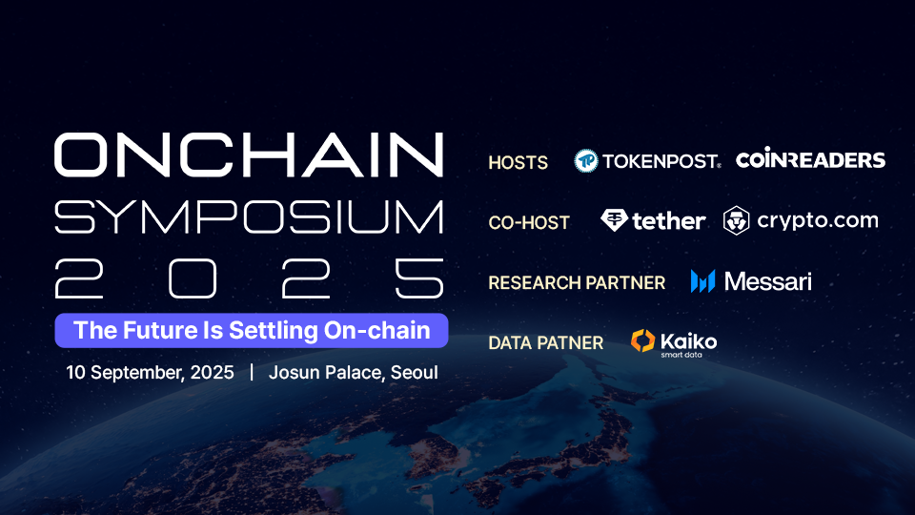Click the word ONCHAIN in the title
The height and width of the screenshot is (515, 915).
point(249,154)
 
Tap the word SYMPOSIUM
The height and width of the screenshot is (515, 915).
point(249,216)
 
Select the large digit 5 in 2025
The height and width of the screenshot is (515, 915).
point(419,278)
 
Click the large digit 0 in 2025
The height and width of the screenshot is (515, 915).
point(193,278)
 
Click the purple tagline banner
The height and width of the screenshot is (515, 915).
point(252,331)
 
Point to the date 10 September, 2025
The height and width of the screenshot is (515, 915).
point(150,373)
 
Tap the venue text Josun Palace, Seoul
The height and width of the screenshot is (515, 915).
point(353,373)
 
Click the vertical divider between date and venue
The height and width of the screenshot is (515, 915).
point(252,372)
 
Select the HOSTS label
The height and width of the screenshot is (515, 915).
point(518,162)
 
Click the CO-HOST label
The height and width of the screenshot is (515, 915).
point(529,222)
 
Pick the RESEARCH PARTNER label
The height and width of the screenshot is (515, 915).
point(577,282)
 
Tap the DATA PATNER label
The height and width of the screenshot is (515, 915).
point(545,342)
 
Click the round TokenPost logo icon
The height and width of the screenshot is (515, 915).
point(586,160)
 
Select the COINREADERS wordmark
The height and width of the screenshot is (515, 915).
point(810,159)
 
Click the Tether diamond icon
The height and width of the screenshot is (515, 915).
point(614,220)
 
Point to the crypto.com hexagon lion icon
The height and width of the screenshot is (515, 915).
point(737,220)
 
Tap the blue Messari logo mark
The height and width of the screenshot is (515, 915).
point(702,281)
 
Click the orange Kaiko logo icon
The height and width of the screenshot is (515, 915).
point(643,341)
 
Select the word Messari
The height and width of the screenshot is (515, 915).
point(768,281)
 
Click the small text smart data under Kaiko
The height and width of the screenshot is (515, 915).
point(681,355)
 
